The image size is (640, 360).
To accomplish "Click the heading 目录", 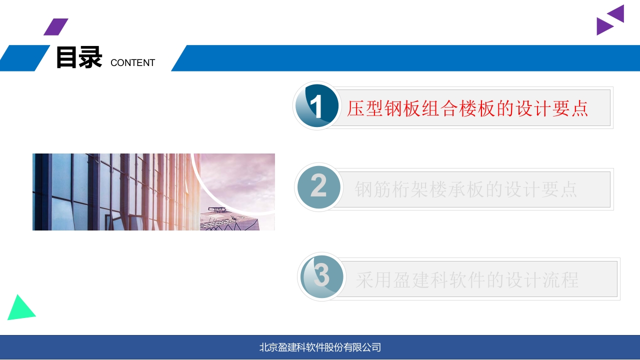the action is (x=79, y=57).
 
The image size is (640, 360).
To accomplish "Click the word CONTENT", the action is (x=133, y=63).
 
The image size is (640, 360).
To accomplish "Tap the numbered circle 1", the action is (x=317, y=105).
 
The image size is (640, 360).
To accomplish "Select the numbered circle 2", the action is (x=318, y=187).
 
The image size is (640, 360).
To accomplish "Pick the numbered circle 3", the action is (x=321, y=276).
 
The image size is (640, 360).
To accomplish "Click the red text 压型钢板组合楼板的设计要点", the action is (x=467, y=108).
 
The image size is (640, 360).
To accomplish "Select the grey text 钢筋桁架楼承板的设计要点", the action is (x=465, y=189).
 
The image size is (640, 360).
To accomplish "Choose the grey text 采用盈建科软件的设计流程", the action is (x=467, y=280).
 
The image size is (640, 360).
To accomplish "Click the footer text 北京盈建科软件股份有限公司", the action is (x=320, y=347).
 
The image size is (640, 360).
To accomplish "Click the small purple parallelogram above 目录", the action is (x=56, y=27).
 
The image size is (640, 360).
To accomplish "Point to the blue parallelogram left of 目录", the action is (x=24, y=58).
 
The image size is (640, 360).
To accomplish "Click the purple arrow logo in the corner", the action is (x=610, y=20).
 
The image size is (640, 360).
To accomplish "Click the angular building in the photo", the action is (x=228, y=220).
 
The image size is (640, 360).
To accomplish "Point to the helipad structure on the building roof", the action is (x=217, y=210).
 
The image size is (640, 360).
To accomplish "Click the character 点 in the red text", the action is (x=579, y=108).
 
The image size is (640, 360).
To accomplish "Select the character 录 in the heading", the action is (x=90, y=57).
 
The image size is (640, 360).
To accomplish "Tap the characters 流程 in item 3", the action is (x=560, y=280).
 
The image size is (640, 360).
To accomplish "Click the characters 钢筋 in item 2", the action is (x=372, y=189).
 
